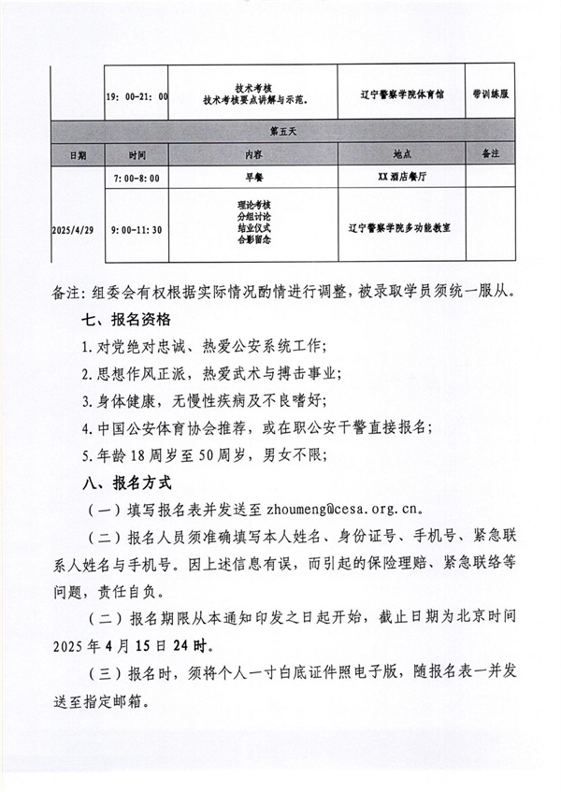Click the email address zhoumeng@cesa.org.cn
[345, 511]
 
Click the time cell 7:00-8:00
[137, 177]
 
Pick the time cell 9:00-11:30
[137, 225]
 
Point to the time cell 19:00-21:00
[137, 95]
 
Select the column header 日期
[76, 153]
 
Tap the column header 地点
[402, 153]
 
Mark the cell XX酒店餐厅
[400, 177]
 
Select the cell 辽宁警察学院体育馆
[400, 95]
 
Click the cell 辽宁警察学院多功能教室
[400, 225]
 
